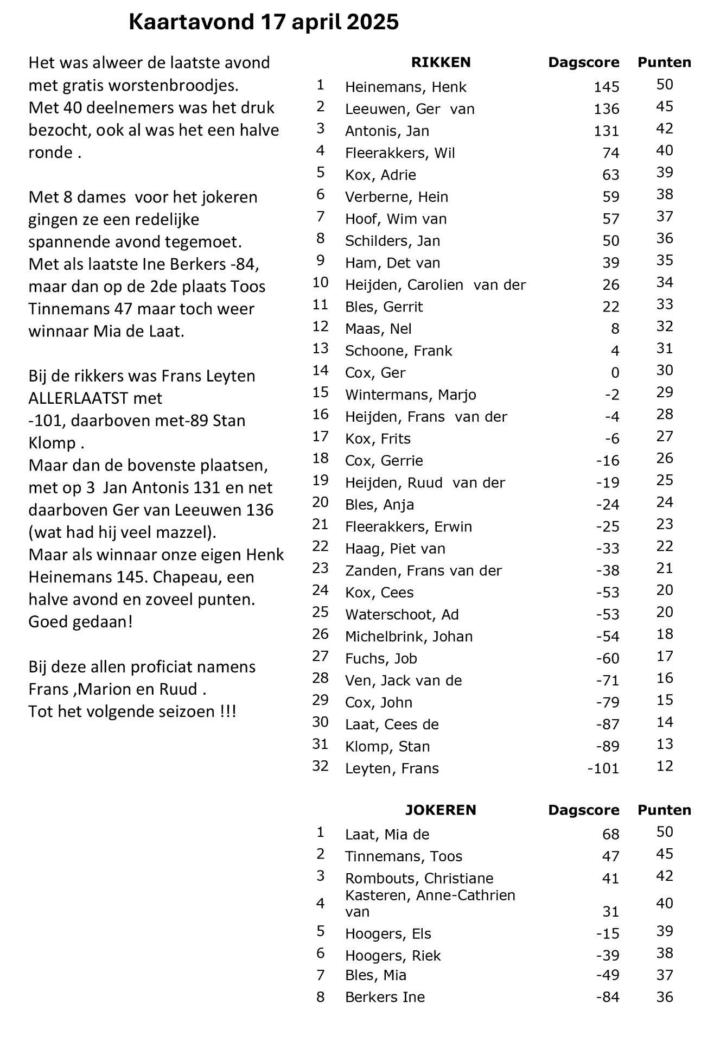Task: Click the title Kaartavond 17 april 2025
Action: point(264,22)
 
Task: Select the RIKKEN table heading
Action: point(441,62)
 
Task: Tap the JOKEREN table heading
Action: point(441,810)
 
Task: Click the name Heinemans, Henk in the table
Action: point(405,87)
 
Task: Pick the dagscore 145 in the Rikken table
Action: point(606,87)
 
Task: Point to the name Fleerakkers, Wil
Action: point(400,153)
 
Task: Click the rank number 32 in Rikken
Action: point(320,766)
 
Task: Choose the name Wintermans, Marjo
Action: point(410,395)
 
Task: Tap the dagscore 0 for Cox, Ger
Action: point(615,373)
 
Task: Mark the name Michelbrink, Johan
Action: point(409,636)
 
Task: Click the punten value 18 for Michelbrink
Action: point(665,634)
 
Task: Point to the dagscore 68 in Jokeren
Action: point(610,834)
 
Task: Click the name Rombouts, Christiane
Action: point(419,878)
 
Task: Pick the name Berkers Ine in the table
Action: point(385,997)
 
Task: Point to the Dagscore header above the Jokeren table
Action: point(583,810)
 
